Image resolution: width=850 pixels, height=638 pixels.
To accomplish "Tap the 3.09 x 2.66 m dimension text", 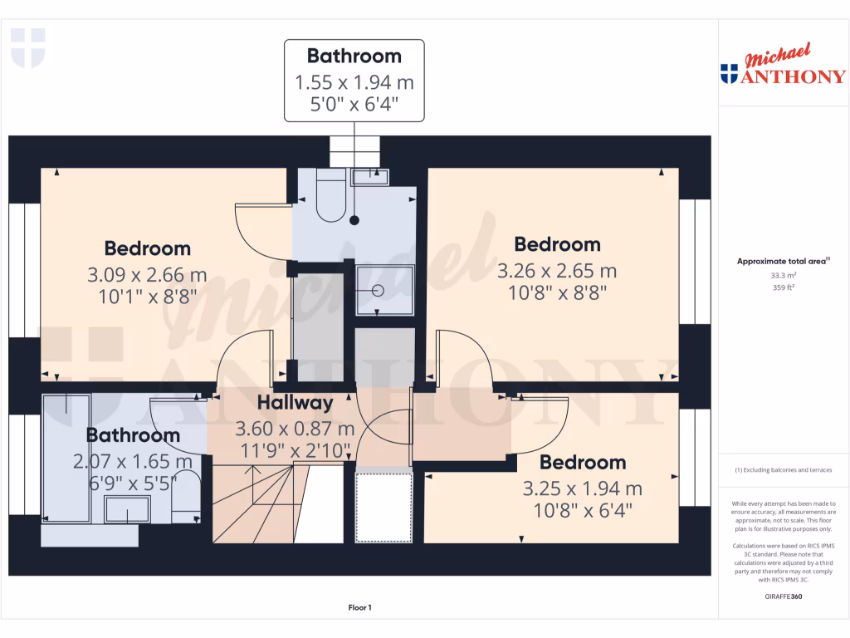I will (x=147, y=275).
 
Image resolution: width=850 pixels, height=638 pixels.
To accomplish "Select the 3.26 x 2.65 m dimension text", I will (x=557, y=271).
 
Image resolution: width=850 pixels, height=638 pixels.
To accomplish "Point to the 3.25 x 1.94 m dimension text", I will (x=582, y=488).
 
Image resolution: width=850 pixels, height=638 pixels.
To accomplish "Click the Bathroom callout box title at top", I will (x=354, y=56).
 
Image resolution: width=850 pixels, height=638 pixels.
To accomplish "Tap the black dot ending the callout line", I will (x=354, y=220).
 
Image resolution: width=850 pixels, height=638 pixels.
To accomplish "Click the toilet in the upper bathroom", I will (x=330, y=196).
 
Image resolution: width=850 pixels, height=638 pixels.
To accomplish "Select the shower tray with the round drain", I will (x=384, y=290).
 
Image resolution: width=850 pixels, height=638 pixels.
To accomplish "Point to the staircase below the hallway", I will (x=266, y=503).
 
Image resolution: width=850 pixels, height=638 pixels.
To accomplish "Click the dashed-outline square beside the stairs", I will (x=383, y=507).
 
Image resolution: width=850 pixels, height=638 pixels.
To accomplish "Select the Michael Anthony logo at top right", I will (x=783, y=66).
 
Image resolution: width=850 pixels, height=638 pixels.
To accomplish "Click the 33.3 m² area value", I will (x=784, y=275).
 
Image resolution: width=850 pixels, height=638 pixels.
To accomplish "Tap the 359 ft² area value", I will (x=784, y=287).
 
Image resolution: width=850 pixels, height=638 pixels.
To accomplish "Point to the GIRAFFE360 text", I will (x=784, y=596).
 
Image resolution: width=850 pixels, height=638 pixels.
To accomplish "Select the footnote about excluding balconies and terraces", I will (x=784, y=470).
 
